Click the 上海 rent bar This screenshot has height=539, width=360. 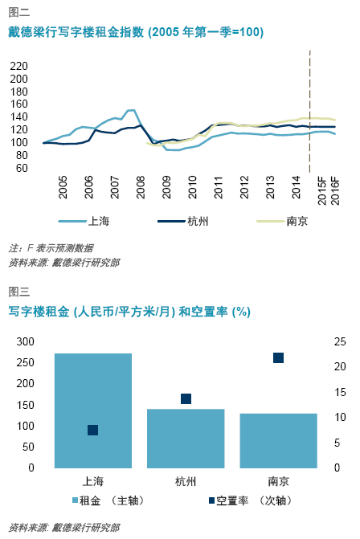(x=93, y=410)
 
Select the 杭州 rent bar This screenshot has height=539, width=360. (x=186, y=439)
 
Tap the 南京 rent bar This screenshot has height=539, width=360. (x=278, y=441)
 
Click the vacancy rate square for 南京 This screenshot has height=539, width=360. (x=278, y=357)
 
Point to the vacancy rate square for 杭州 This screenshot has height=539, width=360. (x=186, y=398)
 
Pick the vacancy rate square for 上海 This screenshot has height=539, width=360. (x=93, y=430)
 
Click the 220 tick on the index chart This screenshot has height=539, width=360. (x=18, y=66)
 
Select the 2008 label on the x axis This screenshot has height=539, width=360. (x=141, y=187)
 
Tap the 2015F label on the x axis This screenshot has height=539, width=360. (x=322, y=191)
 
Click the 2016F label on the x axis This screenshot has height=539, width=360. (x=335, y=191)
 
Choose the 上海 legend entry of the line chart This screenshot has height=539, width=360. (x=84, y=221)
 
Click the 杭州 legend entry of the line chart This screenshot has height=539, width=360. (x=183, y=221)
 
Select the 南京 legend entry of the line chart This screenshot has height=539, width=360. (x=282, y=221)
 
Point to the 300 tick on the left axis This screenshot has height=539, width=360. (x=26, y=341)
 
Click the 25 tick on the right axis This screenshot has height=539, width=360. (x=340, y=341)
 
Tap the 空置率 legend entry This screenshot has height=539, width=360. (x=251, y=500)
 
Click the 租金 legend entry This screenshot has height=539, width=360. (x=108, y=500)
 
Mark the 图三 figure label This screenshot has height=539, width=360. (x=19, y=292)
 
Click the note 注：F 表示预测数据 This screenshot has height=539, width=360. (x=51, y=248)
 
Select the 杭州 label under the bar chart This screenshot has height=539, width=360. (x=186, y=481)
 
